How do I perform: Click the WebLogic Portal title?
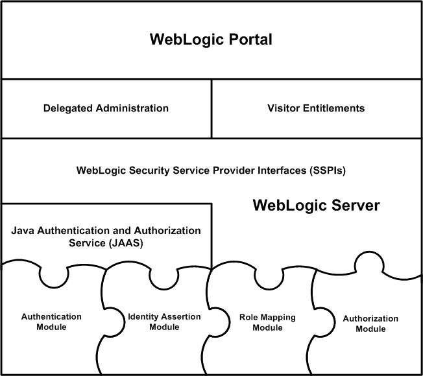211,40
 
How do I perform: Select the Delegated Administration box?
106,108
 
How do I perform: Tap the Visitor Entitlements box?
316,108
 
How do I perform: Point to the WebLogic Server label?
315,206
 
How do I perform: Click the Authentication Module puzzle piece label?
52,322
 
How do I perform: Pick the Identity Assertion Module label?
164,322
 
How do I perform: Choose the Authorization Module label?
361,323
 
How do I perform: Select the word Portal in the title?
247,40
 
